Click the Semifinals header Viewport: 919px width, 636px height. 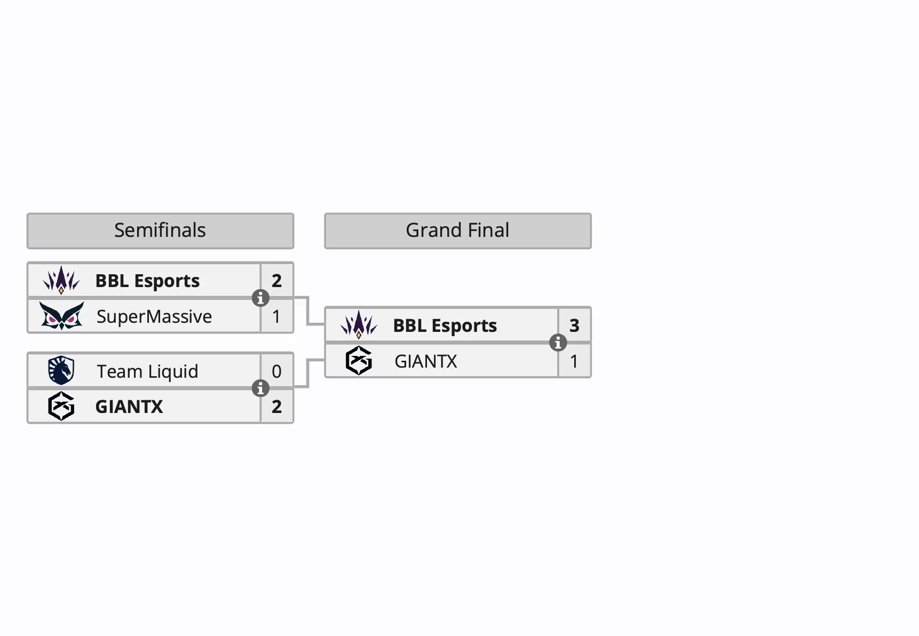[x=160, y=230]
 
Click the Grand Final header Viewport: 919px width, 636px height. [x=457, y=230]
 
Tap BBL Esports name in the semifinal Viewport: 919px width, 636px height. [x=147, y=281]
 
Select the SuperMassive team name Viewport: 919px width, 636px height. [x=154, y=316]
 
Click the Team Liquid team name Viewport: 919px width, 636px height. [x=147, y=371]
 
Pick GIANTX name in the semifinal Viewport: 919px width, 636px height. [x=129, y=407]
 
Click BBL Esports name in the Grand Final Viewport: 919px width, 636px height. [x=445, y=325]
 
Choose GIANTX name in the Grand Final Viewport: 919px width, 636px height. [x=425, y=361]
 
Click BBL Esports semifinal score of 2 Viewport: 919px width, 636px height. [x=276, y=281]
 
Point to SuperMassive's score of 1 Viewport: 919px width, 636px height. [x=276, y=316]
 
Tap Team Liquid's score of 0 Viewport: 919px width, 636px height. [x=276, y=371]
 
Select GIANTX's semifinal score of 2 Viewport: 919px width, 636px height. [x=276, y=407]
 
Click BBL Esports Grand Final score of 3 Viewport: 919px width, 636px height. [x=574, y=325]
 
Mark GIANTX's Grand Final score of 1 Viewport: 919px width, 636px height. [x=574, y=361]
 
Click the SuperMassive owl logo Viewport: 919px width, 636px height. [x=61, y=316]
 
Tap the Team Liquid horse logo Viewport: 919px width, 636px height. [x=61, y=370]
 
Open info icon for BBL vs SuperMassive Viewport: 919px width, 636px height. [x=260, y=298]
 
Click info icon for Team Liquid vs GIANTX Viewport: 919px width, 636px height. [x=260, y=388]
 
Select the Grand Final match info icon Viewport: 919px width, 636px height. [x=558, y=343]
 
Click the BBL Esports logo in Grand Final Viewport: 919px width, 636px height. [x=359, y=324]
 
